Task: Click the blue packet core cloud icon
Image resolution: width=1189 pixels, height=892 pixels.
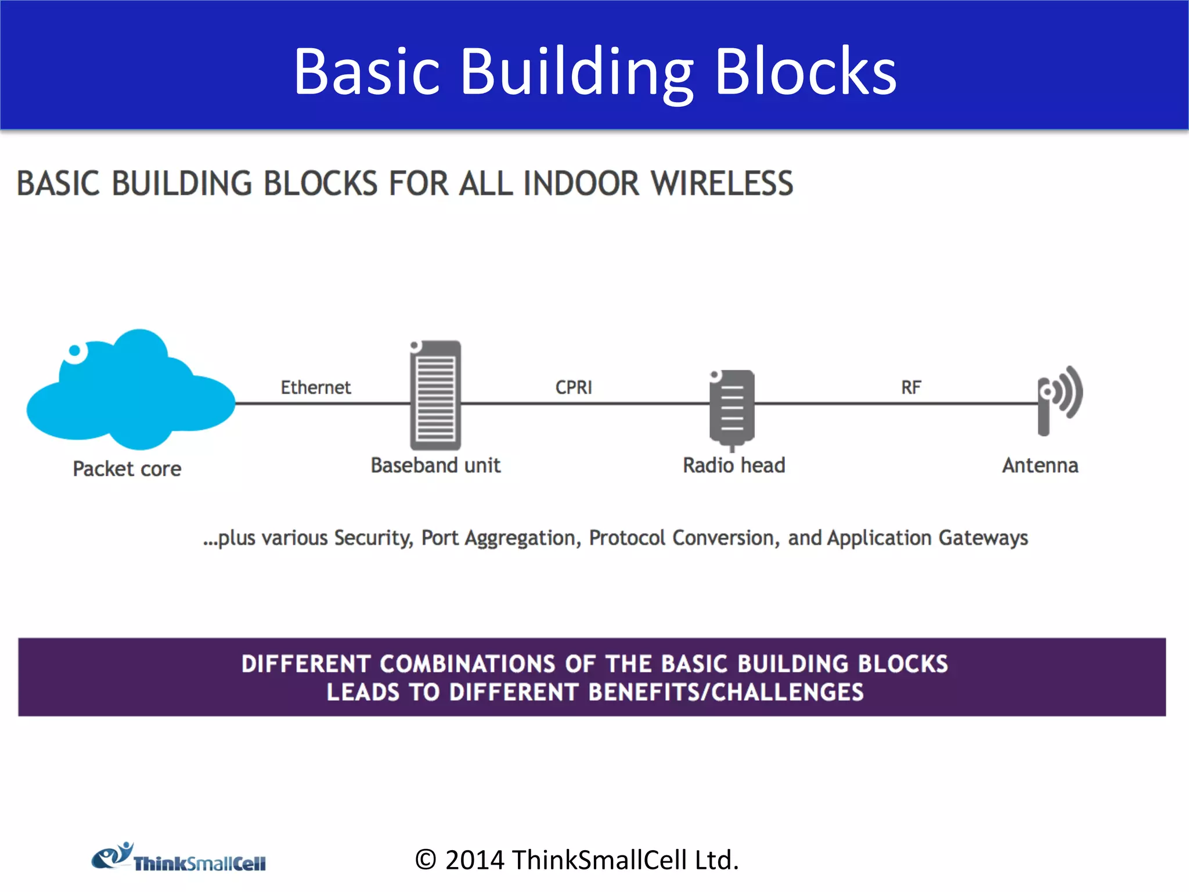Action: pyautogui.click(x=131, y=392)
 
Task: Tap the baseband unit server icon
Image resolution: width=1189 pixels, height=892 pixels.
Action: pyautogui.click(x=435, y=395)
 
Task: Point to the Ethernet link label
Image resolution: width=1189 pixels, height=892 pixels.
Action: pyautogui.click(x=315, y=387)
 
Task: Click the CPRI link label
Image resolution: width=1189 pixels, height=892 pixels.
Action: pyautogui.click(x=574, y=387)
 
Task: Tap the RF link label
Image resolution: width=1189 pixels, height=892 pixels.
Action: pyautogui.click(x=911, y=387)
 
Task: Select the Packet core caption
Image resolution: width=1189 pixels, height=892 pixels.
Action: pyautogui.click(x=127, y=469)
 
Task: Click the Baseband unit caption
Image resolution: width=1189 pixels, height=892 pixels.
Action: pyautogui.click(x=435, y=466)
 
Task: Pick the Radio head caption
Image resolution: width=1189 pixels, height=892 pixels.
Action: pyautogui.click(x=734, y=466)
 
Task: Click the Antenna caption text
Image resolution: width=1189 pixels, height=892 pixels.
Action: pyautogui.click(x=1040, y=466)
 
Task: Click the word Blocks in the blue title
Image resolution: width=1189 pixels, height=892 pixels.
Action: pyautogui.click(x=805, y=72)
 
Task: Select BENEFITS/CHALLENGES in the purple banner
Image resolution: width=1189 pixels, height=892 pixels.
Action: pyautogui.click(x=726, y=692)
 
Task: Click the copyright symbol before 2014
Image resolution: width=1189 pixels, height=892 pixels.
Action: pyautogui.click(x=426, y=860)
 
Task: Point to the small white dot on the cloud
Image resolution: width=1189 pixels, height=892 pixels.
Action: pyautogui.click(x=75, y=351)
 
